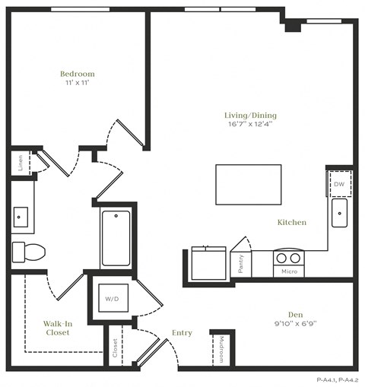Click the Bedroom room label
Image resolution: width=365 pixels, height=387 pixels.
78,74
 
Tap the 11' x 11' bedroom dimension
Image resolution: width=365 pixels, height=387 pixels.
78,84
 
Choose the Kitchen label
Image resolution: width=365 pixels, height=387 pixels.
292,223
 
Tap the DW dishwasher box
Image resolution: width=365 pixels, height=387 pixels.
339,184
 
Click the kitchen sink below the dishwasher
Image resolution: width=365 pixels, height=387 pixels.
339,212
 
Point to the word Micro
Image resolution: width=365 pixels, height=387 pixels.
288,271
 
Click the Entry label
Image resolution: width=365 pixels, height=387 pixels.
182,333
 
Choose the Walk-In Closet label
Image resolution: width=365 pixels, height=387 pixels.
56,328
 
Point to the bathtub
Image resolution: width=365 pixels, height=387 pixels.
116,237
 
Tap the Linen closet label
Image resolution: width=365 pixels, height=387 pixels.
20,163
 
